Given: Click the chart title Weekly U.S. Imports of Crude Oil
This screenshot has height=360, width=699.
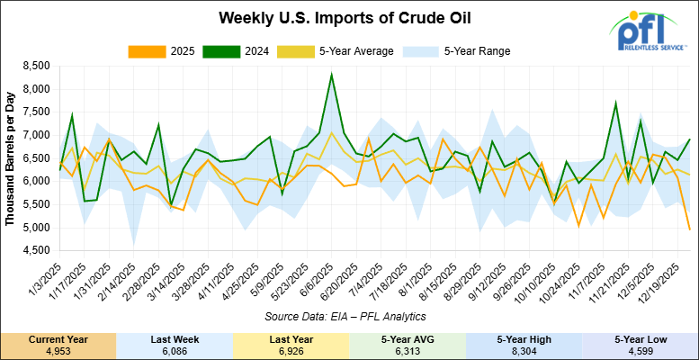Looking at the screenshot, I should (333, 19).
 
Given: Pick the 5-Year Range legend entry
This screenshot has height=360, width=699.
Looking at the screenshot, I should (463, 51).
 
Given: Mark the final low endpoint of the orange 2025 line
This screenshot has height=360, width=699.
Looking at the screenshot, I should (689, 229).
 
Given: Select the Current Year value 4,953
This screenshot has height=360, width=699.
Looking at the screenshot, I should (58, 349).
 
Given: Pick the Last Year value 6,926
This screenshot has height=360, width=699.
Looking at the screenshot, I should (291, 349).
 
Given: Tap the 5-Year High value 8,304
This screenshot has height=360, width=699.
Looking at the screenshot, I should (524, 349).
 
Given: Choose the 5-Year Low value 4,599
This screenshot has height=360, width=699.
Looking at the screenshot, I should (640, 349).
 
